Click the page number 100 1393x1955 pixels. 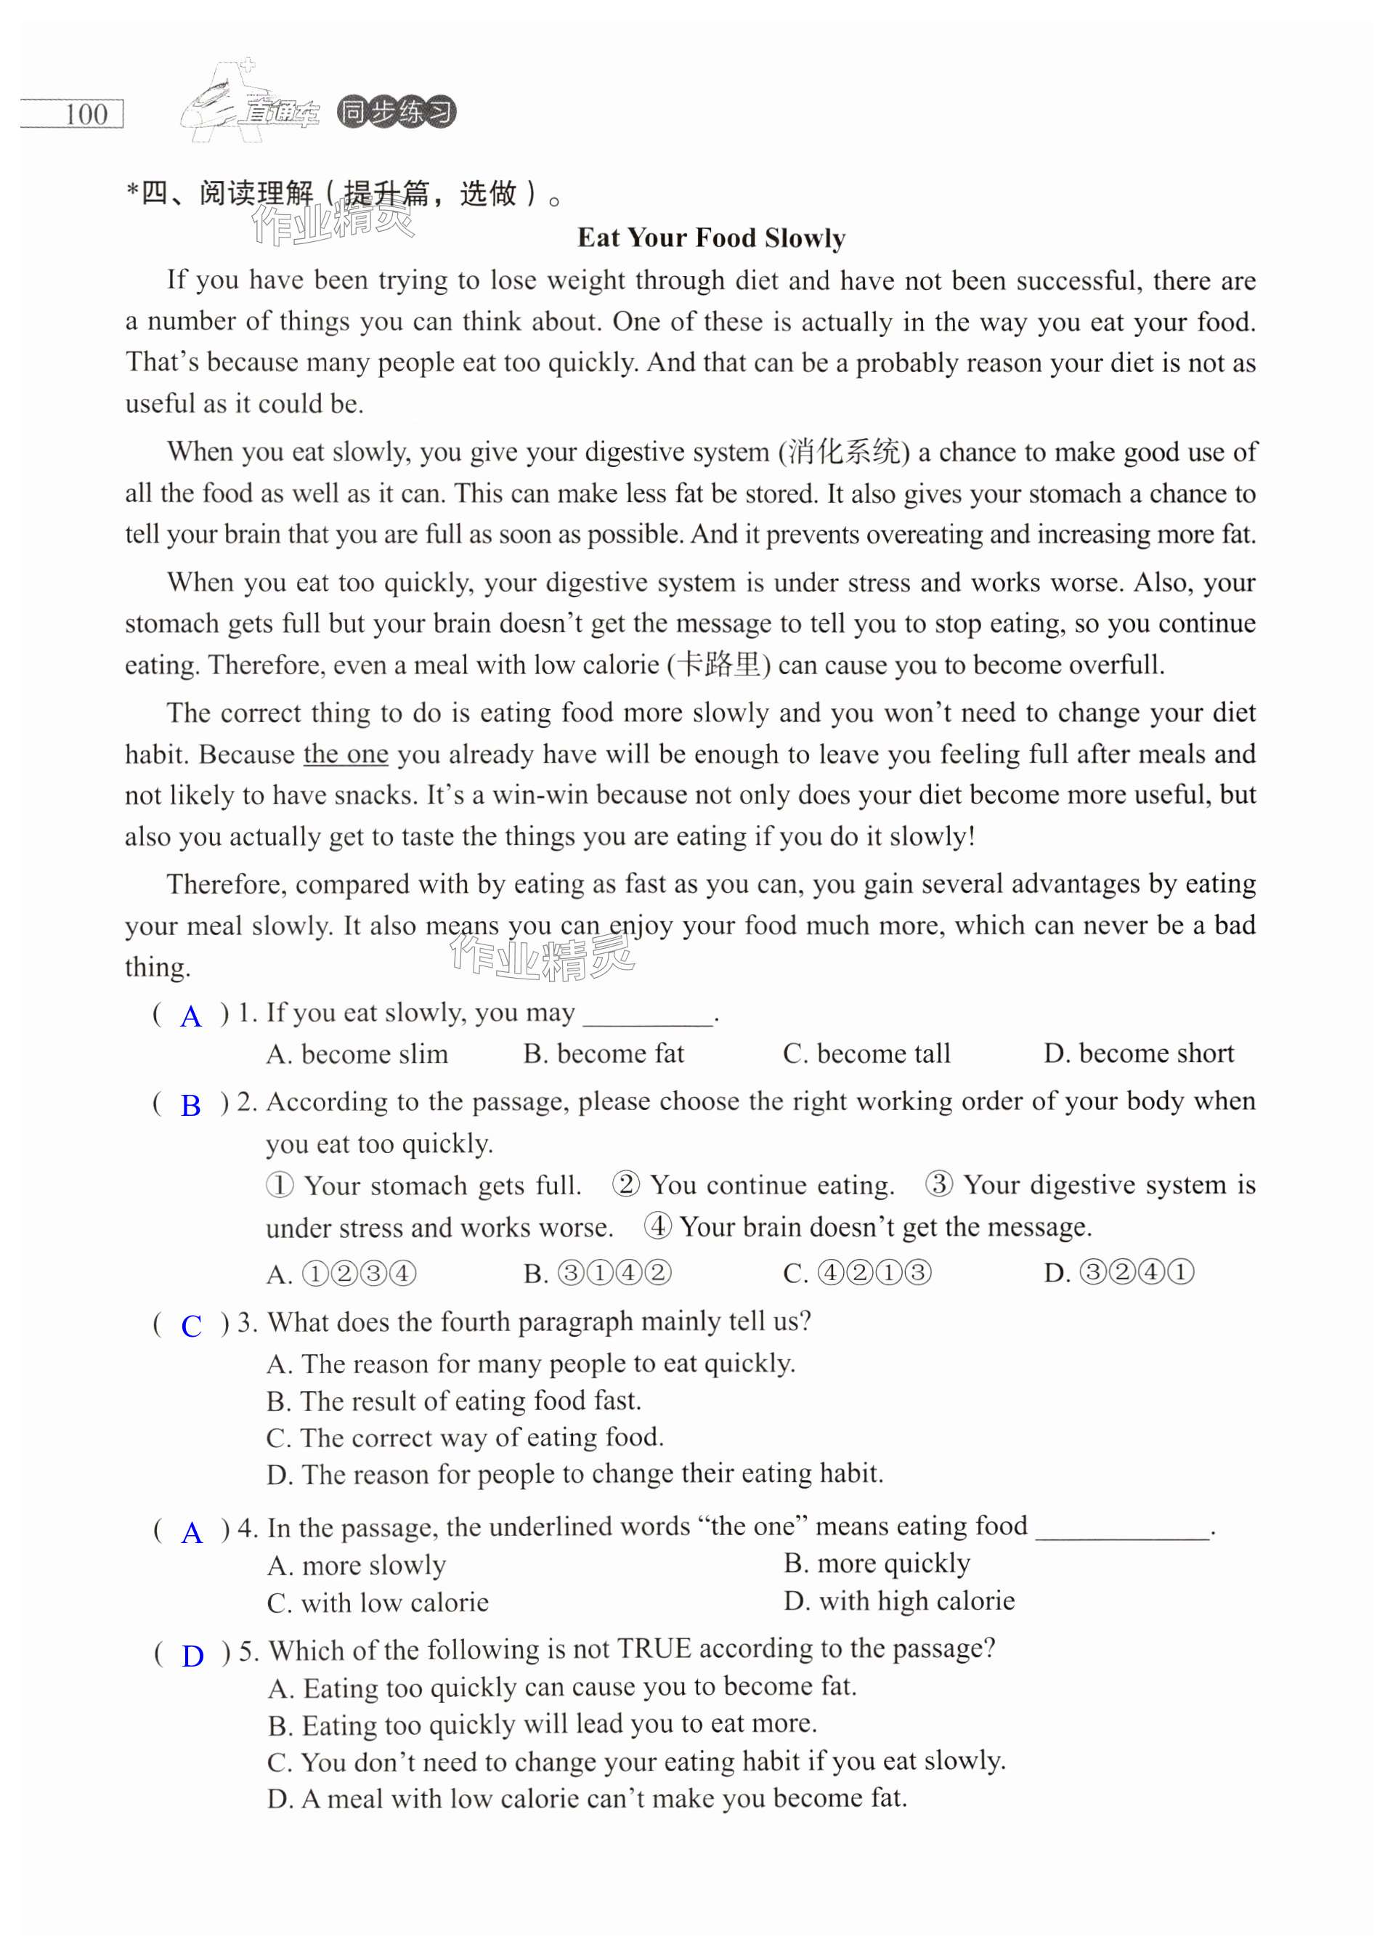86,114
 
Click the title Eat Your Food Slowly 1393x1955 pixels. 711,238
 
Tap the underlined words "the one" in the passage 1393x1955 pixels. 346,754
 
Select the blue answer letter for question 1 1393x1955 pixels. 190,1016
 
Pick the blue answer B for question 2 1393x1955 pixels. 190,1106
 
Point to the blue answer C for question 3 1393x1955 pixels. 191,1326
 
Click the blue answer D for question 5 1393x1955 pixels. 193,1656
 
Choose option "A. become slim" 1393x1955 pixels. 357,1053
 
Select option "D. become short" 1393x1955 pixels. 1138,1053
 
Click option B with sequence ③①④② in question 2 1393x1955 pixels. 598,1273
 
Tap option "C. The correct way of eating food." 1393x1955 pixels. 465,1437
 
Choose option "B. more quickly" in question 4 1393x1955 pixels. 877,1563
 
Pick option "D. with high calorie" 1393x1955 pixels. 899,1600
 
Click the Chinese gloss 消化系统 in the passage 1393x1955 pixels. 843,452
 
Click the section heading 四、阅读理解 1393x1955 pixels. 227,194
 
